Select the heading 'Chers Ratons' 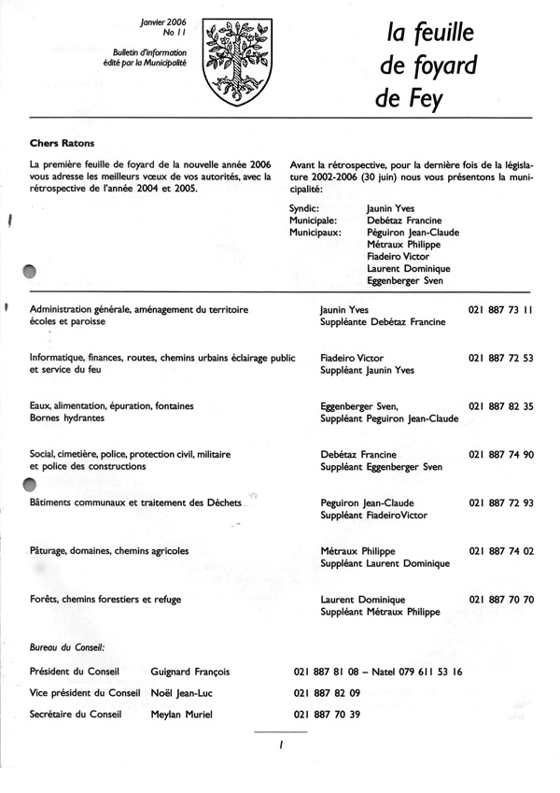63,144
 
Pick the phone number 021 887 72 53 500,358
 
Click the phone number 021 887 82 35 500,406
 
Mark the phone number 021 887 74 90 500,454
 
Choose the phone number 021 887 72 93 500,503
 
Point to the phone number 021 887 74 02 500,551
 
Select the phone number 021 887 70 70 500,600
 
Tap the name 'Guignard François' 190,672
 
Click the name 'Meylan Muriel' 182,715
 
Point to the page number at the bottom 279,745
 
